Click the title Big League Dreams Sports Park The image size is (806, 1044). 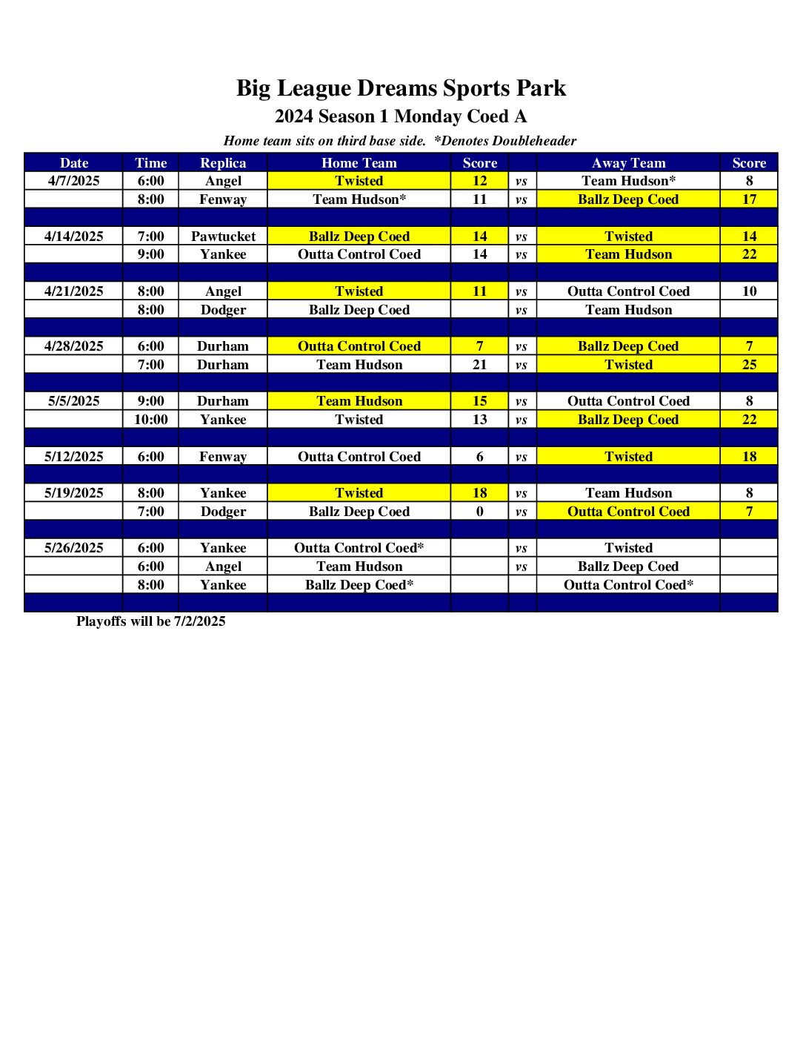pyautogui.click(x=401, y=88)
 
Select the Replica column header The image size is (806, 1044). pyautogui.click(x=223, y=163)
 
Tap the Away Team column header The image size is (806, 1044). pyautogui.click(x=628, y=163)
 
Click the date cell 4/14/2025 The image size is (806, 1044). pyautogui.click(x=73, y=237)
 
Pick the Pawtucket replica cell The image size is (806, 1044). pyautogui.click(x=223, y=237)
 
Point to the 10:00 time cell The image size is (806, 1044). pyautogui.click(x=150, y=420)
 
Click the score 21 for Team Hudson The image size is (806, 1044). pyautogui.click(x=479, y=365)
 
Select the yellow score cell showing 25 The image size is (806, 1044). pyautogui.click(x=749, y=365)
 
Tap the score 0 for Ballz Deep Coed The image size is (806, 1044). pyautogui.click(x=479, y=512)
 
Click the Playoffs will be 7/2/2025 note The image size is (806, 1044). pyautogui.click(x=150, y=621)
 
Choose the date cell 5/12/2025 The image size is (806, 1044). pyautogui.click(x=73, y=457)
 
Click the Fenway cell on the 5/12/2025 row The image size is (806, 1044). pyautogui.click(x=223, y=457)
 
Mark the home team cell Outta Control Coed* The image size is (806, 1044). pyautogui.click(x=359, y=548)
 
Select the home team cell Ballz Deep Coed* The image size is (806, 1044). pyautogui.click(x=359, y=585)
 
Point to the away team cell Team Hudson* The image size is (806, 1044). pyautogui.click(x=628, y=181)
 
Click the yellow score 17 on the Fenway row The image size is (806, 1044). pyautogui.click(x=749, y=199)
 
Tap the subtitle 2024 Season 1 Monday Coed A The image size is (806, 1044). pyautogui.click(x=401, y=116)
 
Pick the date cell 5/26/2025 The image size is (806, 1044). pyautogui.click(x=73, y=548)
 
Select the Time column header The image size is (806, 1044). pyautogui.click(x=150, y=163)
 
